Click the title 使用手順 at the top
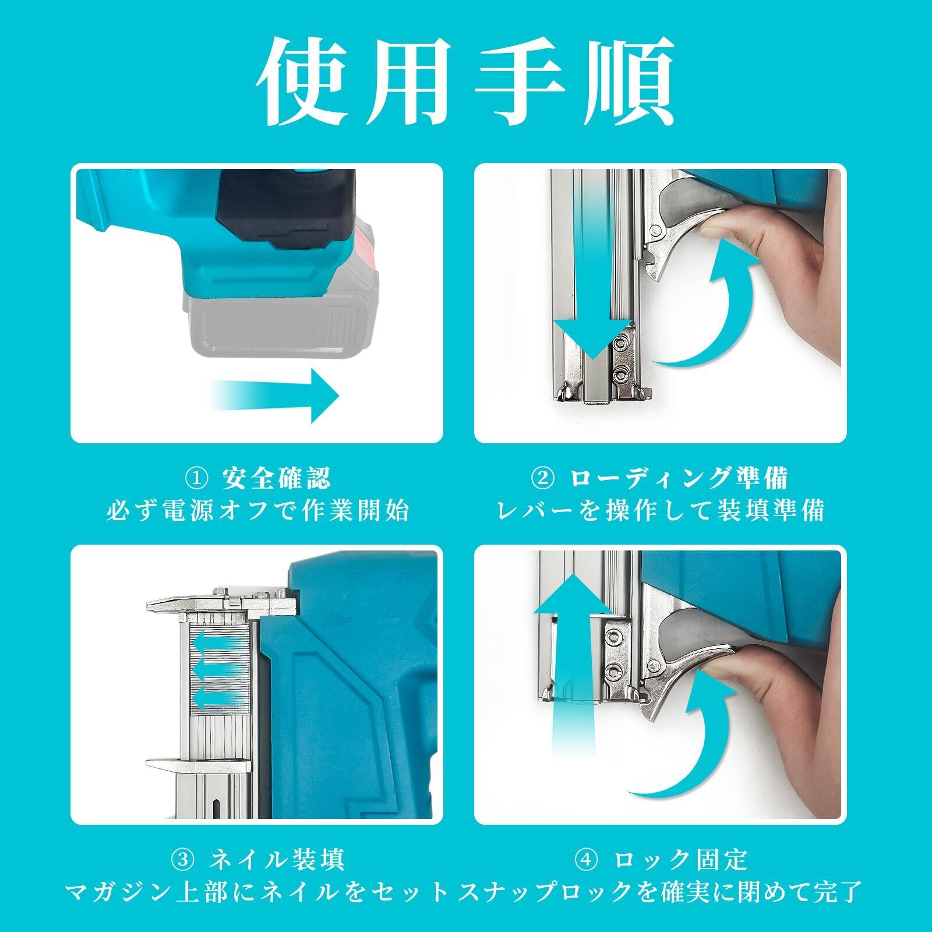466,81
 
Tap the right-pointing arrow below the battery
274,397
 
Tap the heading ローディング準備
679,479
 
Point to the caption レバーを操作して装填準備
661,511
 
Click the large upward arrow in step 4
573,658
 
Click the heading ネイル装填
277,859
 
